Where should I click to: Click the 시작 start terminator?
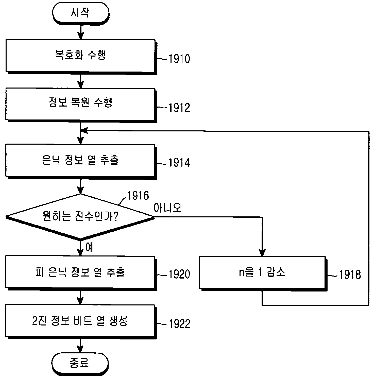[x=80, y=13]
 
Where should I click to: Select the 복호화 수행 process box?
[x=81, y=56]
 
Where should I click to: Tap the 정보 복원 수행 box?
[x=81, y=104]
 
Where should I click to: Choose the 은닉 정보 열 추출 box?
[x=81, y=161]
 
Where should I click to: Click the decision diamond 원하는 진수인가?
[x=80, y=217]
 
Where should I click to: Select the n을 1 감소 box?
[x=263, y=273]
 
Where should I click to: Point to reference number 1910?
[x=179, y=59]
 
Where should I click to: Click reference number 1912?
[x=179, y=108]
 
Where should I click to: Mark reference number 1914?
[x=179, y=163]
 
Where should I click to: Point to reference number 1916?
[x=138, y=196]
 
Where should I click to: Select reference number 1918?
[x=350, y=274]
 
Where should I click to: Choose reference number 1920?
[x=179, y=274]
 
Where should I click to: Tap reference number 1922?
[x=179, y=324]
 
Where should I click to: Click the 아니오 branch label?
[x=168, y=208]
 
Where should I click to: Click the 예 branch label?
[x=90, y=247]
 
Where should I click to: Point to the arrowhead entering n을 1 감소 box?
[x=262, y=253]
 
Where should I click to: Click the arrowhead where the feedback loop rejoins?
[x=84, y=131]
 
